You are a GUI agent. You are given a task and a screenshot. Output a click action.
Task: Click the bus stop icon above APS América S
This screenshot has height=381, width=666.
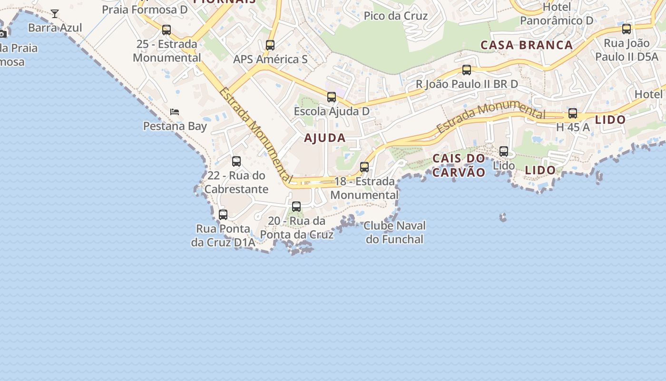(x=270, y=45)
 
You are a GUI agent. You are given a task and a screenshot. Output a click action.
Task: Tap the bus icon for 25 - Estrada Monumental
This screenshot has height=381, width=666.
(x=166, y=30)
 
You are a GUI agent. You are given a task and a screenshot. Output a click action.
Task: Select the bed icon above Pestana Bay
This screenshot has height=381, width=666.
(x=175, y=112)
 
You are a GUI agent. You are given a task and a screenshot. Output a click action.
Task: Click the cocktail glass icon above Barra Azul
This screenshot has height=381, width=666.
(x=55, y=14)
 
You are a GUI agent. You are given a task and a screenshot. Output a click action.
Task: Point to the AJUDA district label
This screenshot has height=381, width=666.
(x=325, y=138)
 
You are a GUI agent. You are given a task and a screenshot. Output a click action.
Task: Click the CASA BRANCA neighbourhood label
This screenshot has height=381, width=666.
(x=526, y=45)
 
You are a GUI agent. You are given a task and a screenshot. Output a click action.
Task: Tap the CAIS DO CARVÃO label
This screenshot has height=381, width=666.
(x=459, y=165)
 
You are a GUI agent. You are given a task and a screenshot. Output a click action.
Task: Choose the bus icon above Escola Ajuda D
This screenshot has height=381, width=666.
(x=332, y=97)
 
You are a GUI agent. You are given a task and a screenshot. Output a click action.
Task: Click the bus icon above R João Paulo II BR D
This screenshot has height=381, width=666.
(x=467, y=70)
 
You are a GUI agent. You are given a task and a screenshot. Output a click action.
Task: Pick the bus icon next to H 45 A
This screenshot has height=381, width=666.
(x=573, y=113)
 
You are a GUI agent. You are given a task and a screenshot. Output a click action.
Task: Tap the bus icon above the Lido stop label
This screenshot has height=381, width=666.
(x=504, y=151)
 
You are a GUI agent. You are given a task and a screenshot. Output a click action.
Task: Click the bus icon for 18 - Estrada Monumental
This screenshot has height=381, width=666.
(x=364, y=167)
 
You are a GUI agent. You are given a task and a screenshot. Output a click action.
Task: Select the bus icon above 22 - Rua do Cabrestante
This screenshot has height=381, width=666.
(x=236, y=161)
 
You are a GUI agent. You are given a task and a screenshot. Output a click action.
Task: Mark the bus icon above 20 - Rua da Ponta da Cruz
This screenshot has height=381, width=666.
(x=296, y=207)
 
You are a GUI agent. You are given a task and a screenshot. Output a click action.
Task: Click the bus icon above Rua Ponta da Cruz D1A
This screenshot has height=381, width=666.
(x=223, y=215)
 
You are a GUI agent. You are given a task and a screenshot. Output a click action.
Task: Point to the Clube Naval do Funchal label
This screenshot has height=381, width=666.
(x=395, y=232)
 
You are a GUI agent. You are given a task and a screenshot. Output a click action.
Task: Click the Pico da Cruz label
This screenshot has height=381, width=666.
(x=395, y=16)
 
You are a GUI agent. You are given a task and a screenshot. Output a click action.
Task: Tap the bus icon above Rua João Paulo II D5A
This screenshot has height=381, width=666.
(x=627, y=29)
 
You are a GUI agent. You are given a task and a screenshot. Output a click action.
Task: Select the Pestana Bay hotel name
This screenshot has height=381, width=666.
(x=175, y=126)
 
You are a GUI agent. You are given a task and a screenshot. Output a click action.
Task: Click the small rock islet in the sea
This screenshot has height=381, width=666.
(x=503, y=218)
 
